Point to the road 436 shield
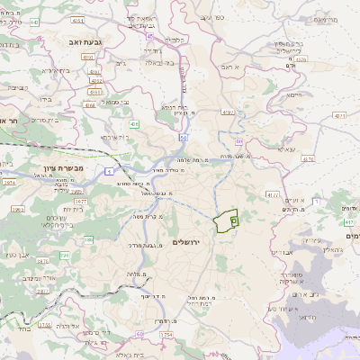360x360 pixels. point(134,123)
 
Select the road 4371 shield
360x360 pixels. point(338,115)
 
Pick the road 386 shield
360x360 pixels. point(88,239)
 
